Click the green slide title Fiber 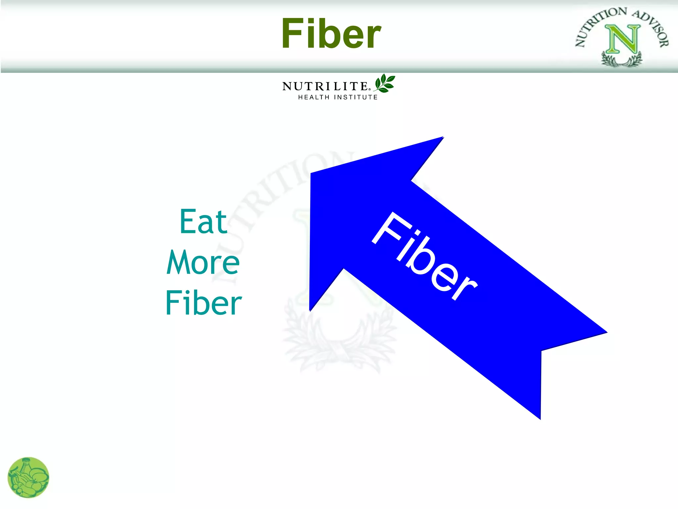pyautogui.click(x=331, y=34)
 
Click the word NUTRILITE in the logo pyautogui.click(x=325, y=86)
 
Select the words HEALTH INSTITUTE pyautogui.click(x=338, y=97)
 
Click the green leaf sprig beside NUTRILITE pyautogui.click(x=384, y=83)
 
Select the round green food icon pyautogui.click(x=28, y=477)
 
